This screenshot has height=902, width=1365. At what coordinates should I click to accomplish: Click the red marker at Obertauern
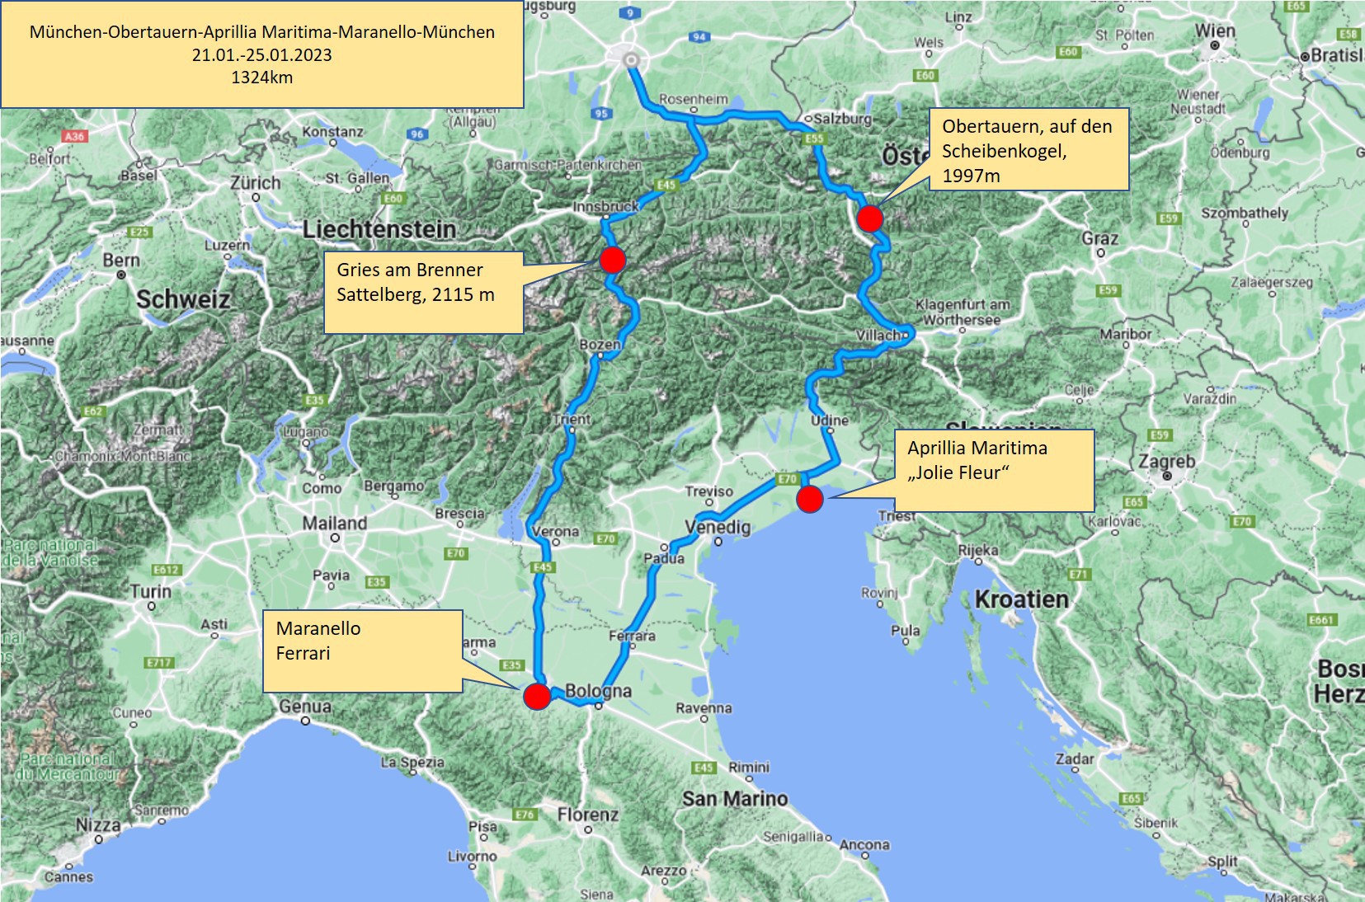coord(870,218)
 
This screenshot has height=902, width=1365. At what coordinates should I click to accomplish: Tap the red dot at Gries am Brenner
coord(612,260)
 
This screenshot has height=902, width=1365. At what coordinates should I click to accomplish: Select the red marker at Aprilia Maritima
coord(810,499)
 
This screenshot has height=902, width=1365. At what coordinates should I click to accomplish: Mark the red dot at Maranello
coord(537,696)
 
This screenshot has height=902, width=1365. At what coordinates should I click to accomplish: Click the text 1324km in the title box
coord(261,78)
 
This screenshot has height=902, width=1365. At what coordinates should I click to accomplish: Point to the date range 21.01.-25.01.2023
coord(261,55)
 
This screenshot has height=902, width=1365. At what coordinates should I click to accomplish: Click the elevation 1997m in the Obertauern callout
coord(971,176)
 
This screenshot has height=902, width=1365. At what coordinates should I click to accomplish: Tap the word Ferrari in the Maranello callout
coord(303,653)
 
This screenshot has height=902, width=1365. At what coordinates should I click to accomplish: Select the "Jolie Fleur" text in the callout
coord(958,472)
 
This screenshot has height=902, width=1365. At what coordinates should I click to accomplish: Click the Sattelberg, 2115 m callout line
coord(415,294)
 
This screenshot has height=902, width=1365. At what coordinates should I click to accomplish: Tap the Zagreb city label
coord(1166,462)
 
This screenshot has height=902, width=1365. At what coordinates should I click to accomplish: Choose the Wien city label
coord(1215,31)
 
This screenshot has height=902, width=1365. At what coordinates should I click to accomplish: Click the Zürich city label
coord(256,183)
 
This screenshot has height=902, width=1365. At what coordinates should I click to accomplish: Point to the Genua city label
coord(305,707)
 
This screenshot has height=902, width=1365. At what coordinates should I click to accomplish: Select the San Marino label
coord(734,798)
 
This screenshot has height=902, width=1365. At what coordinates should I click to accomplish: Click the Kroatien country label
coord(1021,599)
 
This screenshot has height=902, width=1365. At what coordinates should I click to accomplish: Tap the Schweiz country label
coord(182,298)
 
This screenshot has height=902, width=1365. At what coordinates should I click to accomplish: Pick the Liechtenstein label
coord(379,229)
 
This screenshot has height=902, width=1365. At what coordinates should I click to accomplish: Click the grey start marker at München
coord(632,59)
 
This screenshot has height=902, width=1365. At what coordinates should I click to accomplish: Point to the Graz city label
coord(1100,239)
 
